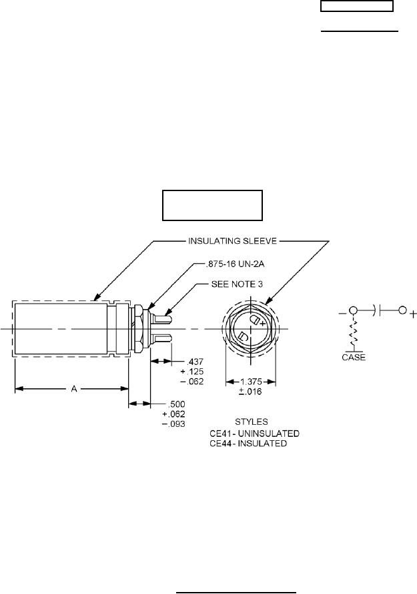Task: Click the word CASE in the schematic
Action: (x=349, y=357)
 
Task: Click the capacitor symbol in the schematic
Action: (x=378, y=310)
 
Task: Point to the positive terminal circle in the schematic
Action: (x=402, y=310)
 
